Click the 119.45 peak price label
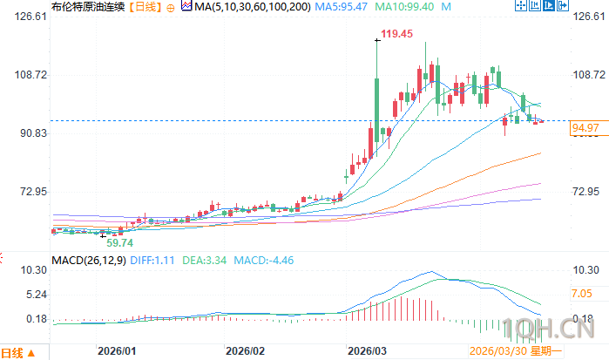click(x=394, y=34)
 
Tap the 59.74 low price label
click(x=119, y=242)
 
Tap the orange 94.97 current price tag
click(x=585, y=129)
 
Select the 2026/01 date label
click(x=116, y=351)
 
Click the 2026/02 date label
click(x=245, y=351)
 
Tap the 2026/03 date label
click(x=366, y=351)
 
